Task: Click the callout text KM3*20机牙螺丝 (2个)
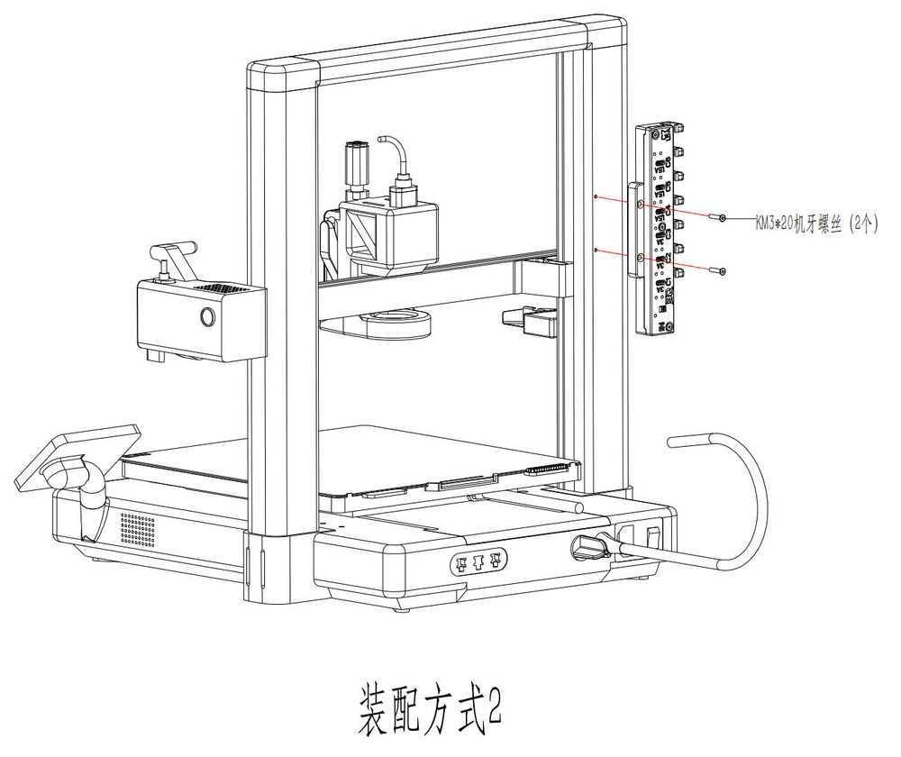tap(816, 222)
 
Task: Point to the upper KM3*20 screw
tap(718, 218)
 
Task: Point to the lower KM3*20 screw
tap(718, 270)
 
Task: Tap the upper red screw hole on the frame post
tap(596, 196)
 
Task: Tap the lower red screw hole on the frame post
tap(596, 248)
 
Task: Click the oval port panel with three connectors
tap(478, 565)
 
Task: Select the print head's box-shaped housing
tap(388, 230)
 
